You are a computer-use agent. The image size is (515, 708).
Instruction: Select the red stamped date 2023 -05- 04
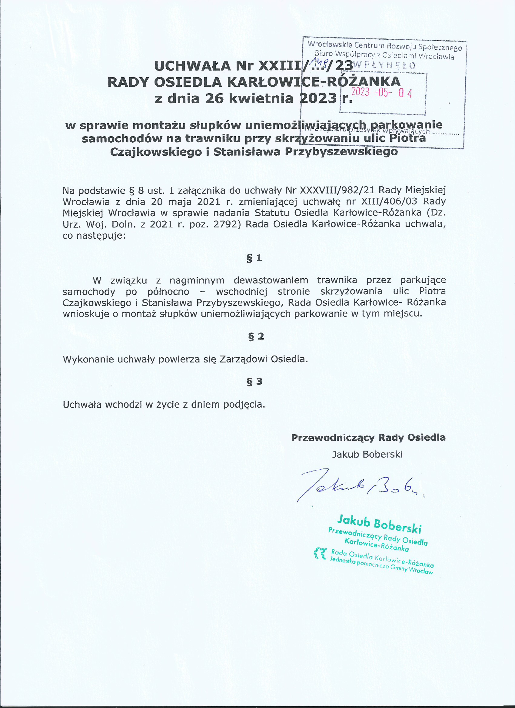point(382,93)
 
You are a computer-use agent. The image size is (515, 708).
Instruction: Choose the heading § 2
point(256,336)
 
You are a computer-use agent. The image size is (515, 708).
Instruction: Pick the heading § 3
point(254,381)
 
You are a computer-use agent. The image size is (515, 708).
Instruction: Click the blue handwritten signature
point(359,485)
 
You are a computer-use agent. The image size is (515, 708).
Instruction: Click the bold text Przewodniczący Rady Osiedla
point(368,437)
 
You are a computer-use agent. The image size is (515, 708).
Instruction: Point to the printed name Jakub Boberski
point(367,454)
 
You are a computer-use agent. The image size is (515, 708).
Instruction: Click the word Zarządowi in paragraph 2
point(244,359)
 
